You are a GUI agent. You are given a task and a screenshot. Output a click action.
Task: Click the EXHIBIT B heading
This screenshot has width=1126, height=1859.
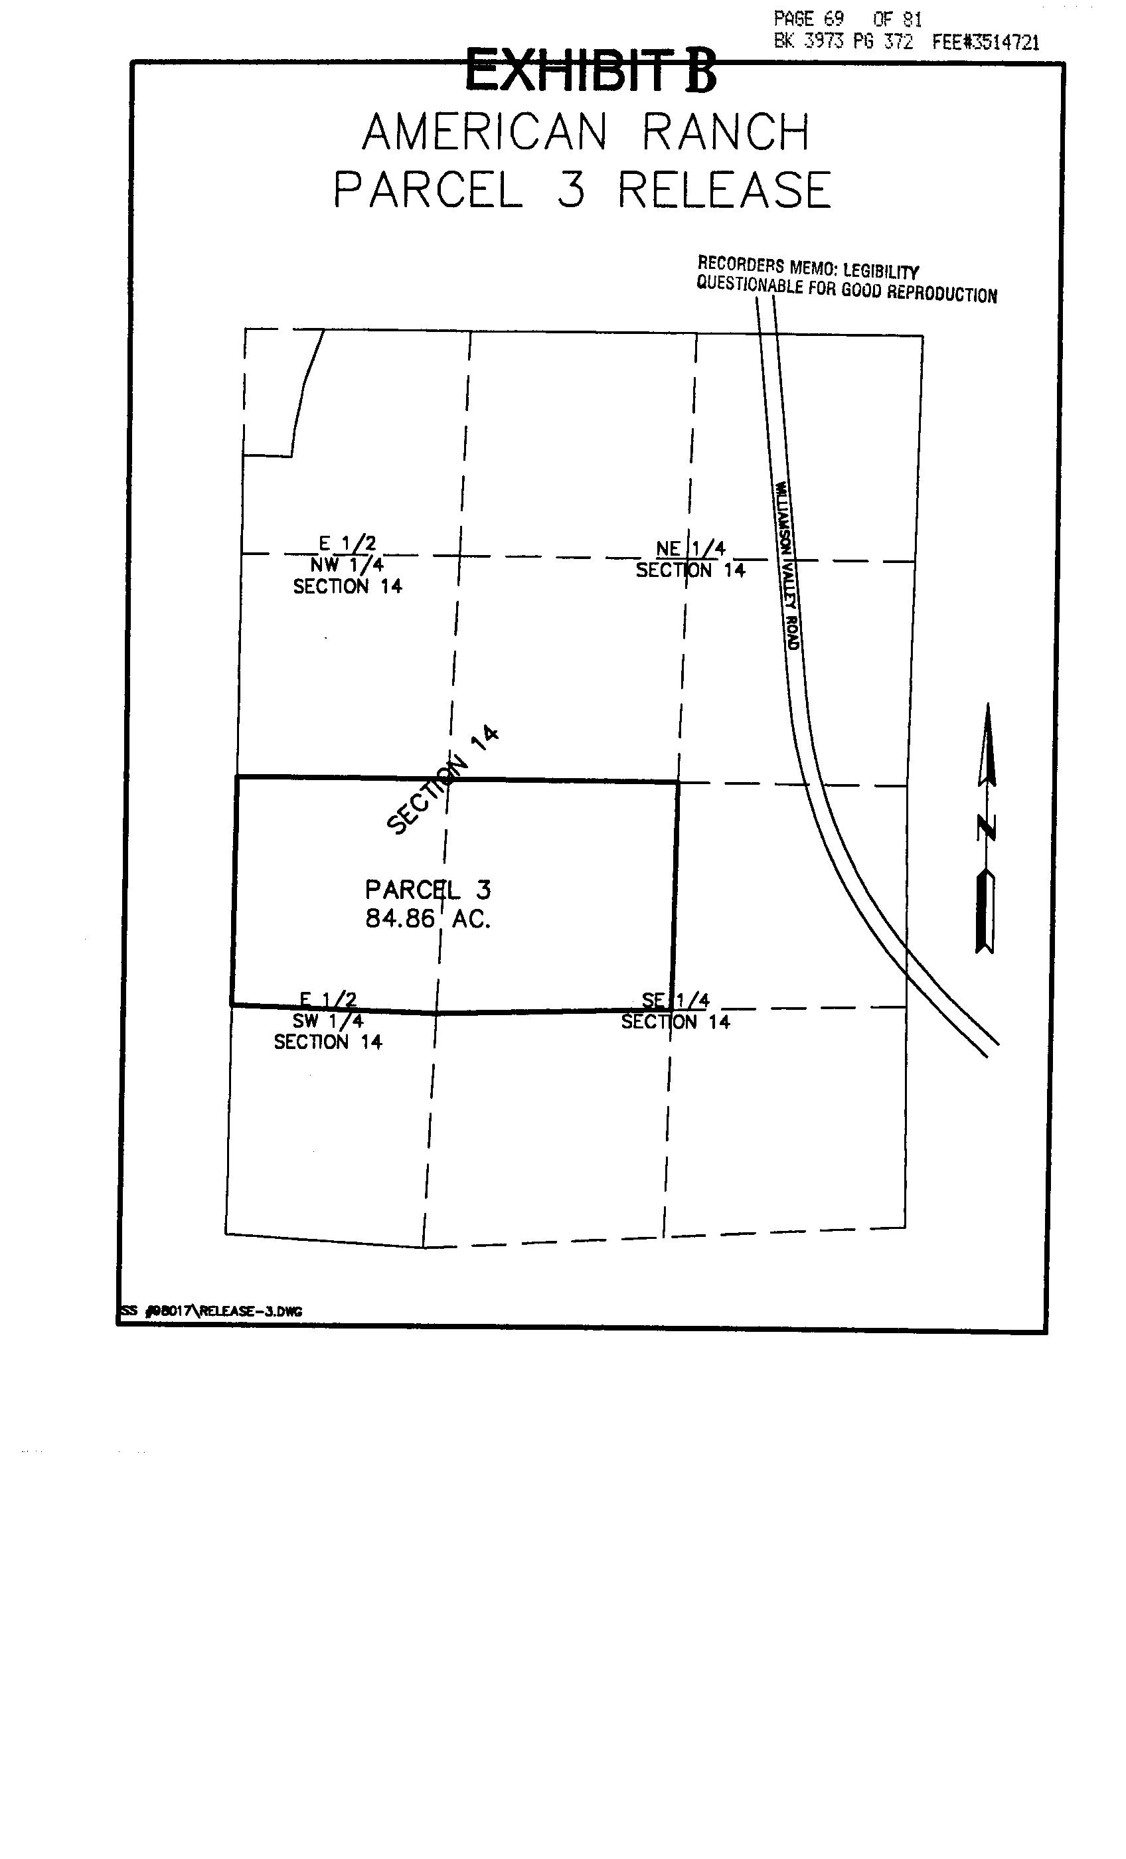590,70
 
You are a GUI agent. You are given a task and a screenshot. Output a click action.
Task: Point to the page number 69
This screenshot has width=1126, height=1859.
833,19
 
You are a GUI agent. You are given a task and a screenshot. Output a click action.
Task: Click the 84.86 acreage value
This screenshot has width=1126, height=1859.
400,919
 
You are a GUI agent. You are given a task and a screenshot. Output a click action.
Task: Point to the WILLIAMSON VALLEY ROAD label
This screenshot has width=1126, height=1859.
786,565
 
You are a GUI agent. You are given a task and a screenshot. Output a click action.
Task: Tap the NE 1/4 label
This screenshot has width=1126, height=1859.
690,548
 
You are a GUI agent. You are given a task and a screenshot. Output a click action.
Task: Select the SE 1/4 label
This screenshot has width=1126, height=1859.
675,1001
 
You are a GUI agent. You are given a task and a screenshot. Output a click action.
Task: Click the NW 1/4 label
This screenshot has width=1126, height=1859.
347,564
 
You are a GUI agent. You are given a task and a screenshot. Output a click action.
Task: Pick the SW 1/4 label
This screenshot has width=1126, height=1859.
328,1021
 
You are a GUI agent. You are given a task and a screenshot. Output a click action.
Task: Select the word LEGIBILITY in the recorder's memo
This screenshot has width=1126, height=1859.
881,271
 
